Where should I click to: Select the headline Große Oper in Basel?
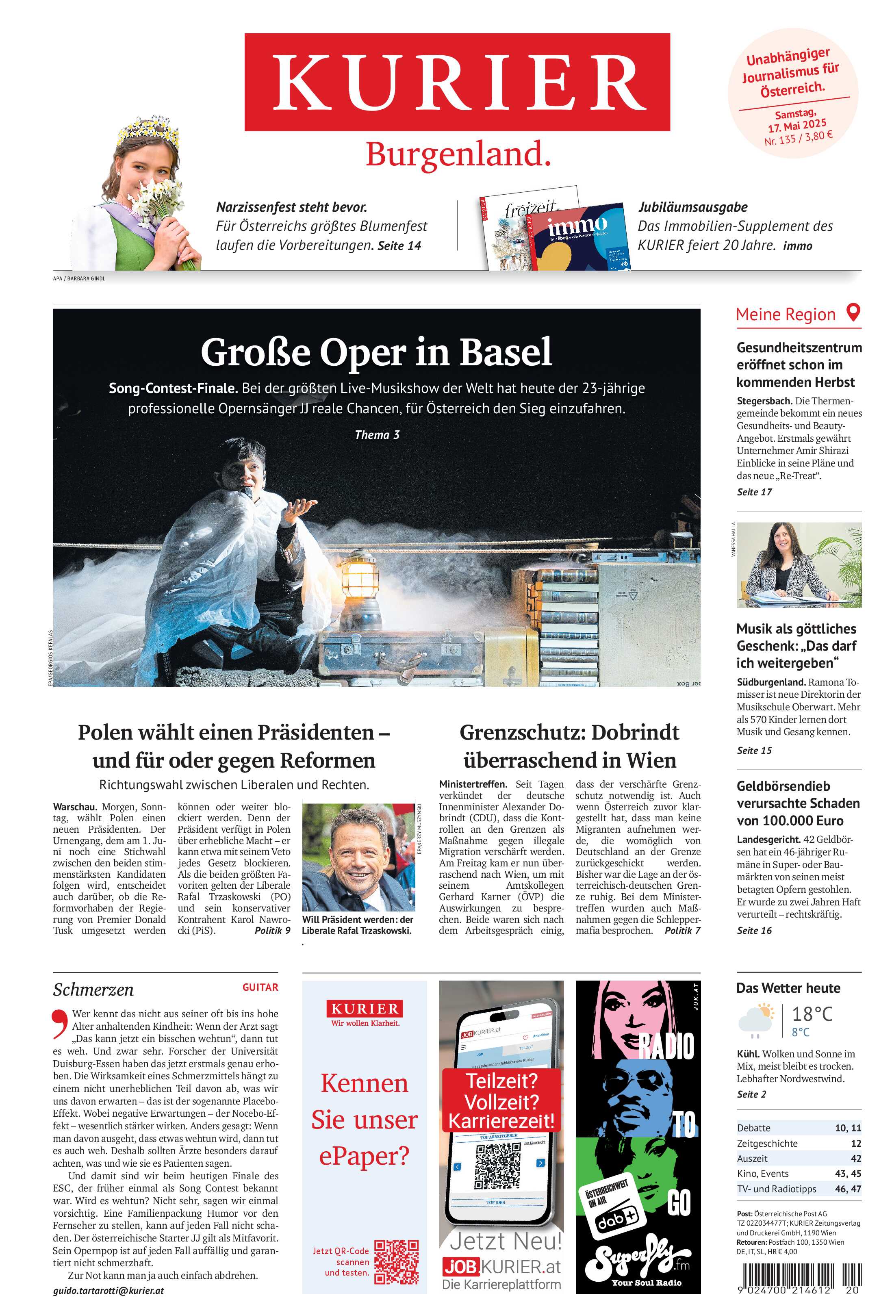pyautogui.click(x=376, y=352)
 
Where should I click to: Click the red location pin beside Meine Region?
pyautogui.click(x=853, y=313)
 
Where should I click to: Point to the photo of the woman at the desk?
pyautogui.click(x=799, y=564)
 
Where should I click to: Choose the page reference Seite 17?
pyautogui.click(x=754, y=492)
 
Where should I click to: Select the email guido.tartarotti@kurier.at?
pyautogui.click(x=109, y=1290)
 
